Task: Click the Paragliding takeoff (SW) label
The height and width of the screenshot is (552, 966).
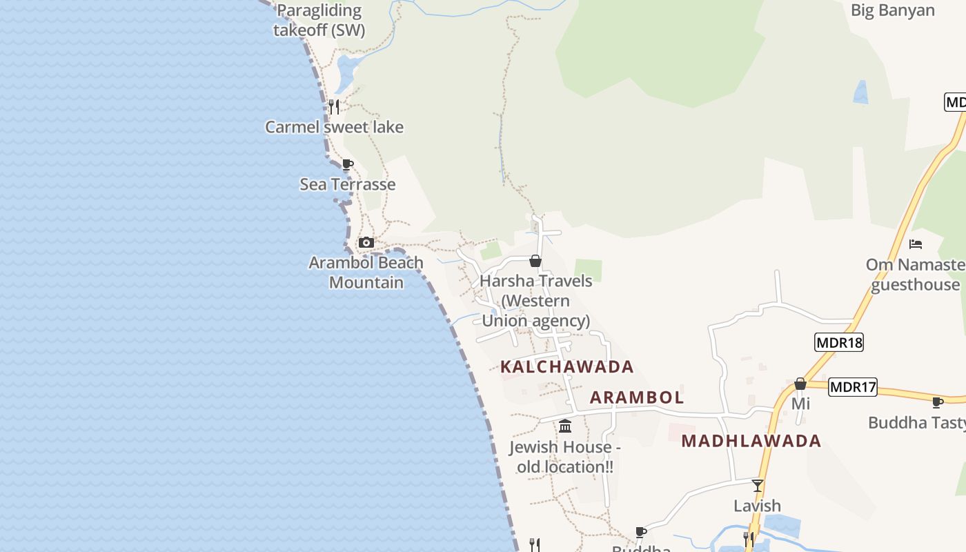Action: tap(318, 20)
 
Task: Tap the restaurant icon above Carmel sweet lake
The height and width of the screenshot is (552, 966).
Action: tap(334, 106)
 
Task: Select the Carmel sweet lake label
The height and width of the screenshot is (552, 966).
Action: tap(335, 127)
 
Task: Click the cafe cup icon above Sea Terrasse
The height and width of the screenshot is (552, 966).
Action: tap(348, 164)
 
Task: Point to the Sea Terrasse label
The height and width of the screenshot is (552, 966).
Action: tap(348, 184)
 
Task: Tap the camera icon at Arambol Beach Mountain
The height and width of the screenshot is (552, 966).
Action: tap(366, 242)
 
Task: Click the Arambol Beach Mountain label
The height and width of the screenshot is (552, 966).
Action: tap(366, 273)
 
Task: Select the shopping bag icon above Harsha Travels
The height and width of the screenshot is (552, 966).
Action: tap(535, 261)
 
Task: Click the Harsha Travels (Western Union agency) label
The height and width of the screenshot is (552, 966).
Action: tap(536, 301)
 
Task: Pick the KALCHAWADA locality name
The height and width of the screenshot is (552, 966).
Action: tap(566, 366)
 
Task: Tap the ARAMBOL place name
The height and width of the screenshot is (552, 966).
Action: tap(637, 397)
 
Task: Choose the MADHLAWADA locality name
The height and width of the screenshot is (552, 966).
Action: tap(751, 441)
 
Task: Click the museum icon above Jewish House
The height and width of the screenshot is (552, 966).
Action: tap(565, 426)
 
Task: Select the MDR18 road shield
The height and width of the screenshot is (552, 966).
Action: tap(839, 342)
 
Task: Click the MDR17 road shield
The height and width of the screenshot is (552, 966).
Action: tap(853, 387)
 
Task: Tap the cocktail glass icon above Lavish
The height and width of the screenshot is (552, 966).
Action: tap(758, 485)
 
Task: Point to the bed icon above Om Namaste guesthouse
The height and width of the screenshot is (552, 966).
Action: tap(916, 244)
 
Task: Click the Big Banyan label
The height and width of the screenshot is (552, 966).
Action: tap(893, 10)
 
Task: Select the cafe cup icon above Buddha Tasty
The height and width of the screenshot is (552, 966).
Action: tap(937, 402)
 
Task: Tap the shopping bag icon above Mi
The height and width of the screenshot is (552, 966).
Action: tap(800, 384)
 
